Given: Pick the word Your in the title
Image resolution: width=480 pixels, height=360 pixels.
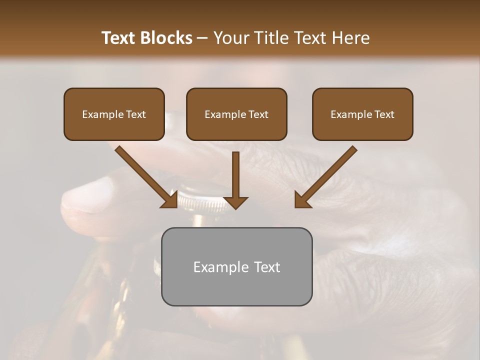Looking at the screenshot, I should [229, 38].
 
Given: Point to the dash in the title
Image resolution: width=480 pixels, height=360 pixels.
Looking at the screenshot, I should [202, 38].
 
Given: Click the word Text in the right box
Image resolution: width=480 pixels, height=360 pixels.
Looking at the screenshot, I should [383, 114].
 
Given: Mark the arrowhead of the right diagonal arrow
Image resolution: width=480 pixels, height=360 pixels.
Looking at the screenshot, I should [301, 201].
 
